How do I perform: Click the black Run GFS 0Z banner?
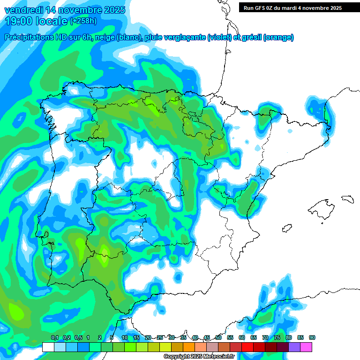[292, 7]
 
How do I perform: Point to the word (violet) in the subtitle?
[219, 37]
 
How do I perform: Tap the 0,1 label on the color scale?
[54, 337]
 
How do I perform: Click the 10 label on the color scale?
[125, 337]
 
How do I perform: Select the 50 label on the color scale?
[218, 337]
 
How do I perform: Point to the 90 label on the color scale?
[312, 337]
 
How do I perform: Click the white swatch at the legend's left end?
[48, 347]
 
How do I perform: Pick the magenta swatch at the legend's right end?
[306, 347]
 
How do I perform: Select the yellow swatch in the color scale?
[165, 347]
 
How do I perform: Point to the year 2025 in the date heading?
[112, 10]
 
